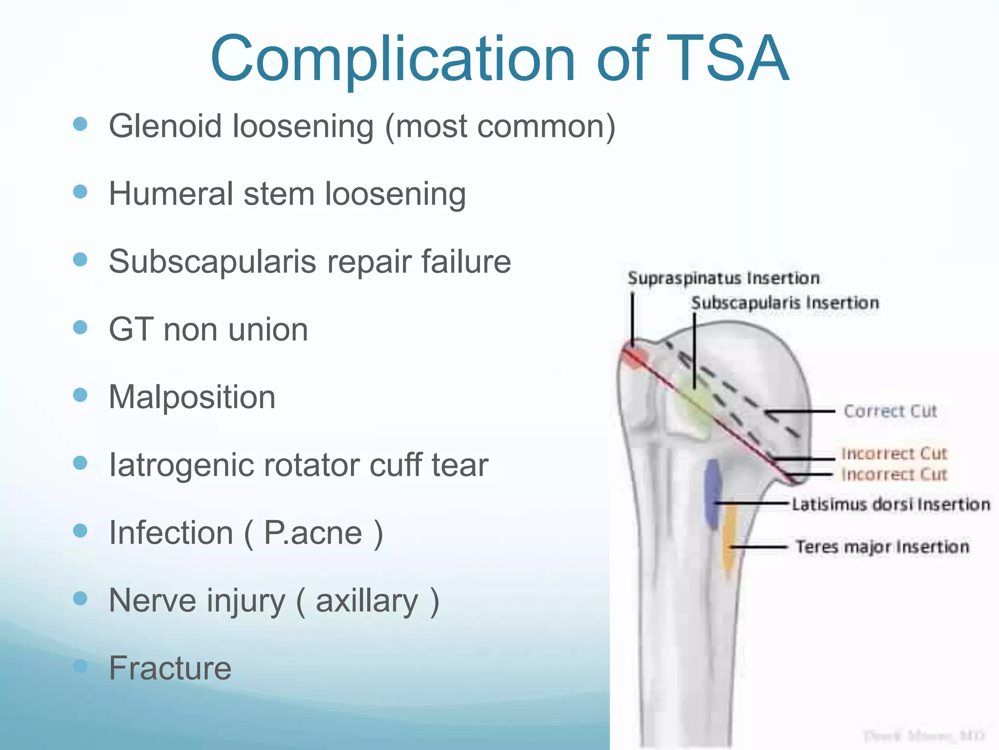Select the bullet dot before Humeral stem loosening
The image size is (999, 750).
pyautogui.click(x=80, y=191)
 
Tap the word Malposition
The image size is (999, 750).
pyautogui.click(x=192, y=397)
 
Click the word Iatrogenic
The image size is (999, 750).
pyautogui.click(x=180, y=465)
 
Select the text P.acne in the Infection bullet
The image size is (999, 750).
pyautogui.click(x=313, y=533)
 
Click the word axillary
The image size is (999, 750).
pyautogui.click(x=367, y=601)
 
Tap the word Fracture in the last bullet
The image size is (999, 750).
pyautogui.click(x=170, y=668)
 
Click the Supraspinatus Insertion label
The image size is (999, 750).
pyautogui.click(x=723, y=278)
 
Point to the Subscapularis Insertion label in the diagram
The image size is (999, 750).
pyautogui.click(x=785, y=303)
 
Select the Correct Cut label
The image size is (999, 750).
pyautogui.click(x=890, y=411)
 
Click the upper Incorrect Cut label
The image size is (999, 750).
pyautogui.click(x=894, y=454)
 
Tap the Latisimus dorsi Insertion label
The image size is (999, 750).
pyautogui.click(x=890, y=504)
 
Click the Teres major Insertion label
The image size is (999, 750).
pyautogui.click(x=882, y=547)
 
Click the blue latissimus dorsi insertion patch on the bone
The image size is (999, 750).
pyautogui.click(x=713, y=493)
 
